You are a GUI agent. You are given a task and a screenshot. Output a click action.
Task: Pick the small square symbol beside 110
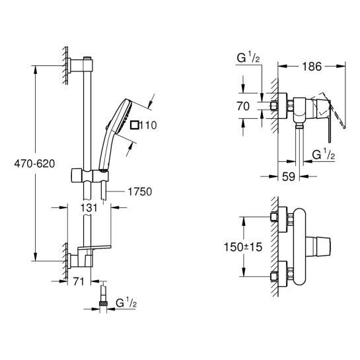(x=135, y=124)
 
